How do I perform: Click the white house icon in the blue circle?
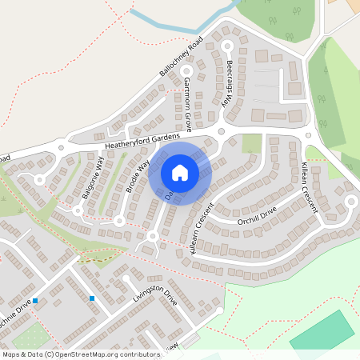(x=180, y=172)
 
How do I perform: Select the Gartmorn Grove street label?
(x=188, y=104)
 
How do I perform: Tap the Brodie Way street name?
(x=138, y=178)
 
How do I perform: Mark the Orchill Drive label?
(x=256, y=215)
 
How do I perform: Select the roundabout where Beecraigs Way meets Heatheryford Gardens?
(x=222, y=130)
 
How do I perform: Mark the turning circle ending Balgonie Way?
(x=78, y=210)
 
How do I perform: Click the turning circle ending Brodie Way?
(x=119, y=220)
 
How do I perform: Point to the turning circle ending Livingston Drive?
(x=218, y=310)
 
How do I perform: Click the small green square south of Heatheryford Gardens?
(x=252, y=143)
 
